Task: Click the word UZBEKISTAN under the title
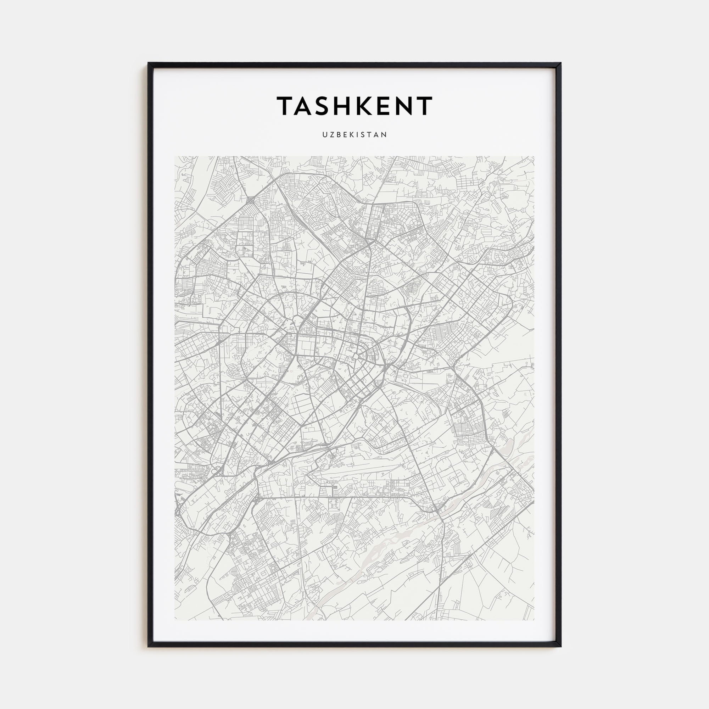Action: point(354,135)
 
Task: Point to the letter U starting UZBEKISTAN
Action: point(325,135)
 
